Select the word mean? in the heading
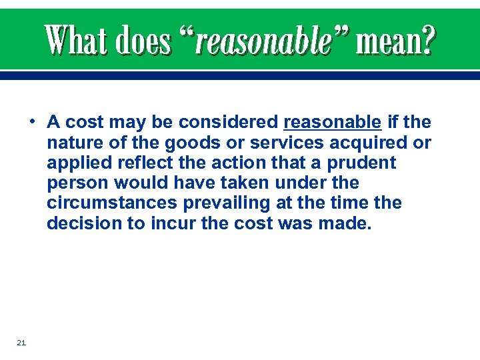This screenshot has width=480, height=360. click(395, 41)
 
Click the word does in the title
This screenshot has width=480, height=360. click(143, 41)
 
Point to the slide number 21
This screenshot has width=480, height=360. click(21, 343)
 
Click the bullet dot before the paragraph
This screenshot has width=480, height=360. click(32, 122)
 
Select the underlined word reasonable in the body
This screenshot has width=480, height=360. click(332, 123)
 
